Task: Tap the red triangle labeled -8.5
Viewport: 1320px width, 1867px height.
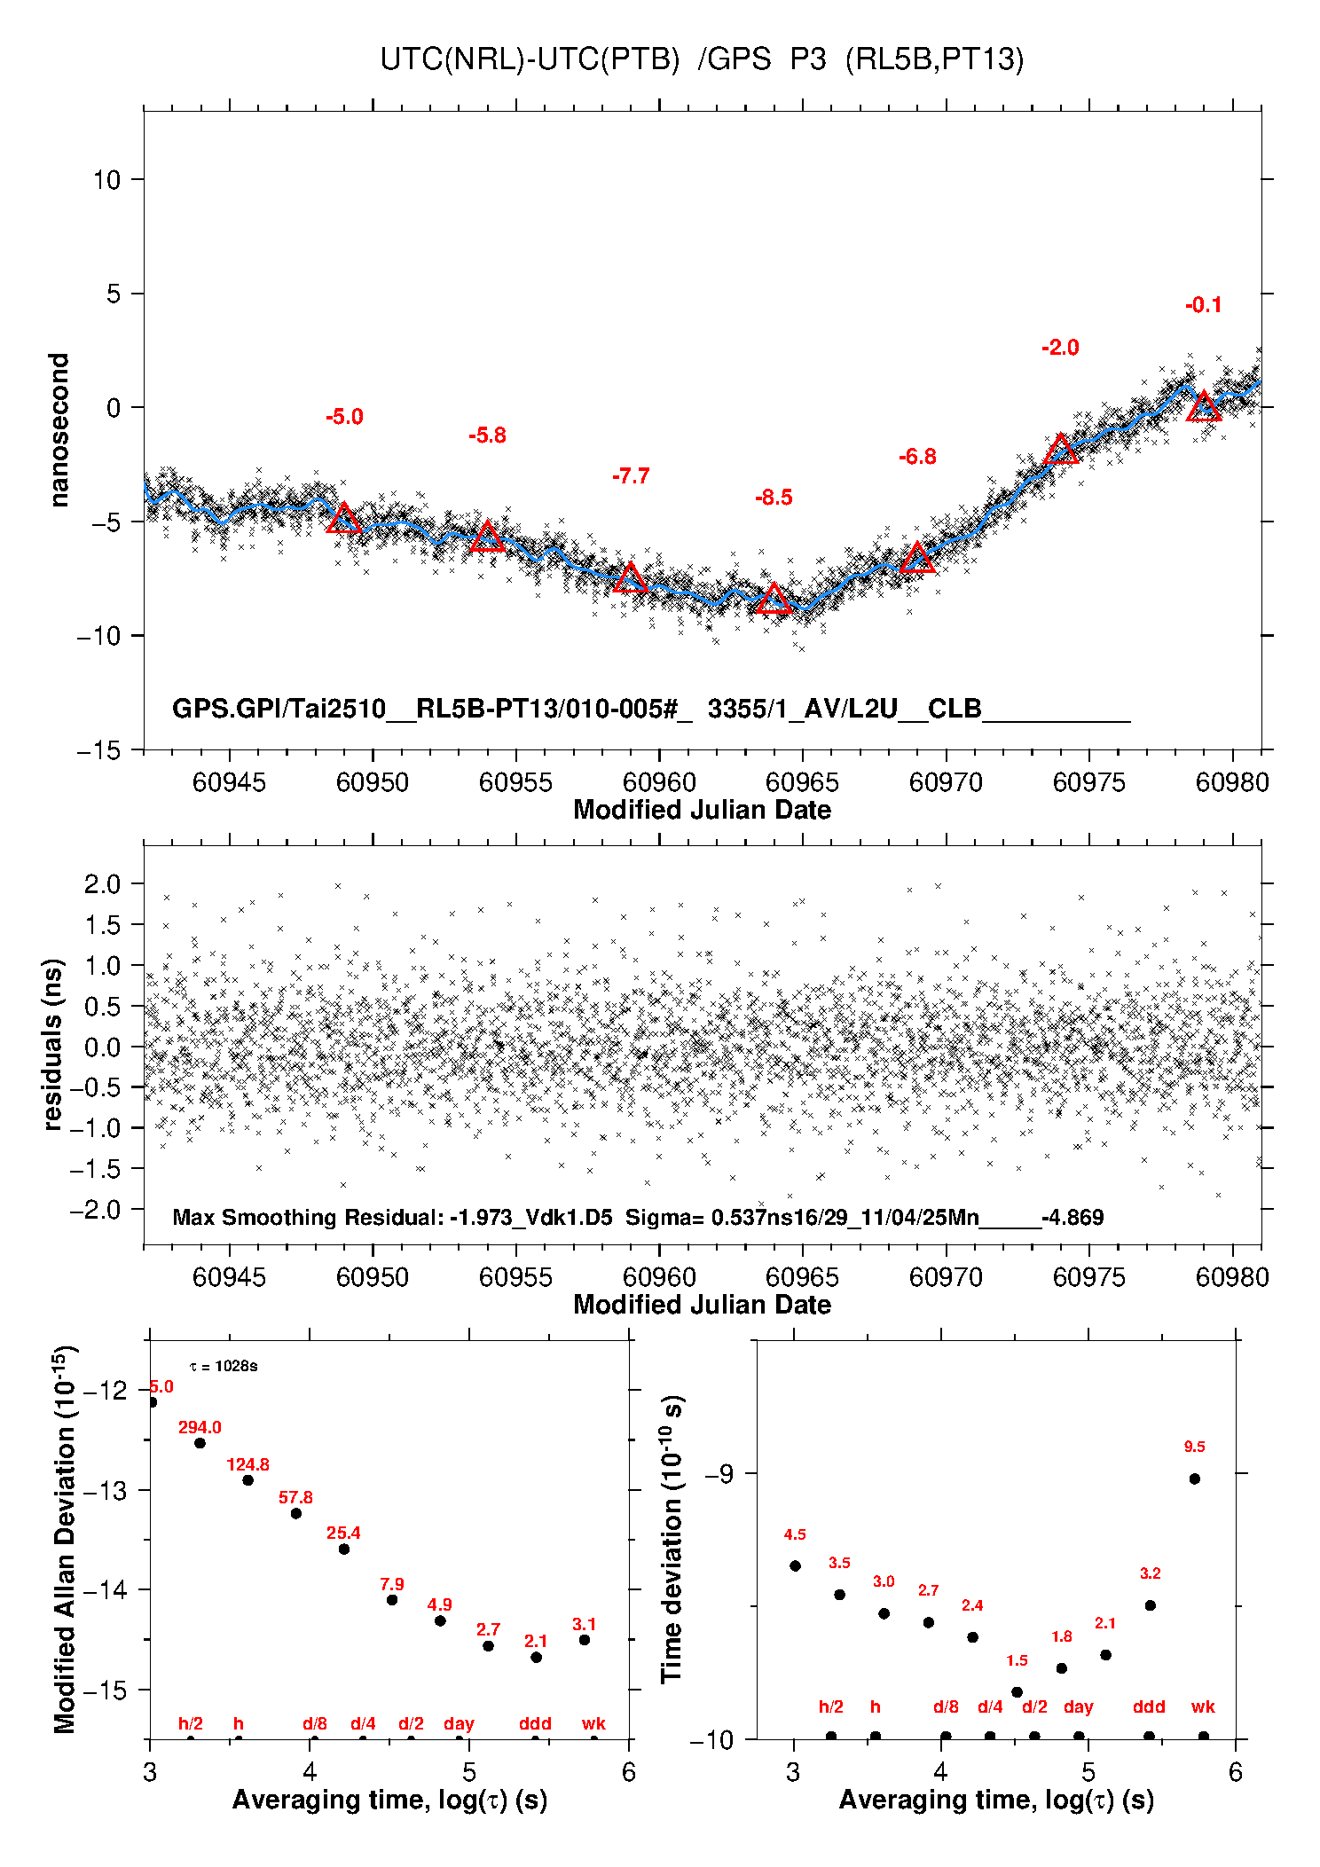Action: click(x=774, y=600)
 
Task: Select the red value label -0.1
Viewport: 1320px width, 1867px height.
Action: click(x=1204, y=305)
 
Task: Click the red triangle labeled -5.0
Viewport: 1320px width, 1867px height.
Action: click(x=344, y=519)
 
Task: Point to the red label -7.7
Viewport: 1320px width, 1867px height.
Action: click(x=631, y=476)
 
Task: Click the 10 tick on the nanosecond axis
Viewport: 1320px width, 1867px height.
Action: click(x=106, y=180)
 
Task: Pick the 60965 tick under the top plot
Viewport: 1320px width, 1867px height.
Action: click(x=802, y=782)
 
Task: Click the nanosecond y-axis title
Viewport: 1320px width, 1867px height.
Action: click(x=59, y=430)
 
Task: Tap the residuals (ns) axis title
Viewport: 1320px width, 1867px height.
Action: click(x=53, y=1044)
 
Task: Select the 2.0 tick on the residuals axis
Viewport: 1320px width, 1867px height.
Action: click(x=102, y=883)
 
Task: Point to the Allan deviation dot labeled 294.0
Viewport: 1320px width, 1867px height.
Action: click(x=200, y=1443)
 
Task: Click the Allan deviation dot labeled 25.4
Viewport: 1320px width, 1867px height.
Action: click(x=344, y=1549)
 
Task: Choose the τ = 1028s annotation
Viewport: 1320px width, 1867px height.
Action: click(x=224, y=1366)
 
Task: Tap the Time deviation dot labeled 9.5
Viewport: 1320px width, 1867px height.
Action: click(x=1195, y=1479)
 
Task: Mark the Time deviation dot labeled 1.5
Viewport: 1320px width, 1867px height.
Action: click(x=1017, y=1692)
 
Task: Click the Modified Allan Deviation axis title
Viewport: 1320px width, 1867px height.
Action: click(x=64, y=1539)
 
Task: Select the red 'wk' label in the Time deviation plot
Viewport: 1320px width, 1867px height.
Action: click(x=1203, y=1707)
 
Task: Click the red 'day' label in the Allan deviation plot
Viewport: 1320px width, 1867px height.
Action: click(x=459, y=1724)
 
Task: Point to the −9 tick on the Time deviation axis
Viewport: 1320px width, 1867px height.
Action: click(x=719, y=1474)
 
